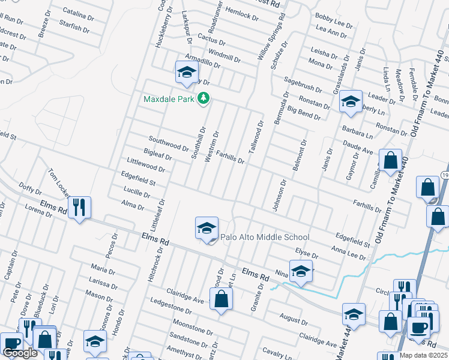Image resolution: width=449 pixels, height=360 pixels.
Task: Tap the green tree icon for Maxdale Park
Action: [203, 98]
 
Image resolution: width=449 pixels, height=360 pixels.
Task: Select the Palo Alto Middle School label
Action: [265, 237]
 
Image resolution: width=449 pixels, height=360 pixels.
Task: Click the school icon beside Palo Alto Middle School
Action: [206, 229]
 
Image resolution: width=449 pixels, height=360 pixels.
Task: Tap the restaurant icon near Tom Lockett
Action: [79, 208]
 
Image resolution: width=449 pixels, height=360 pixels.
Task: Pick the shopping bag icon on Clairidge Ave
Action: [221, 298]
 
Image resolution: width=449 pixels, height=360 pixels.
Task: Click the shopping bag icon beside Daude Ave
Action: [391, 161]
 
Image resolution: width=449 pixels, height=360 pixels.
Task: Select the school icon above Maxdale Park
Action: [187, 73]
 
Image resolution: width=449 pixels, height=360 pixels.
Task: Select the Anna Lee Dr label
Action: [348, 252]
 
